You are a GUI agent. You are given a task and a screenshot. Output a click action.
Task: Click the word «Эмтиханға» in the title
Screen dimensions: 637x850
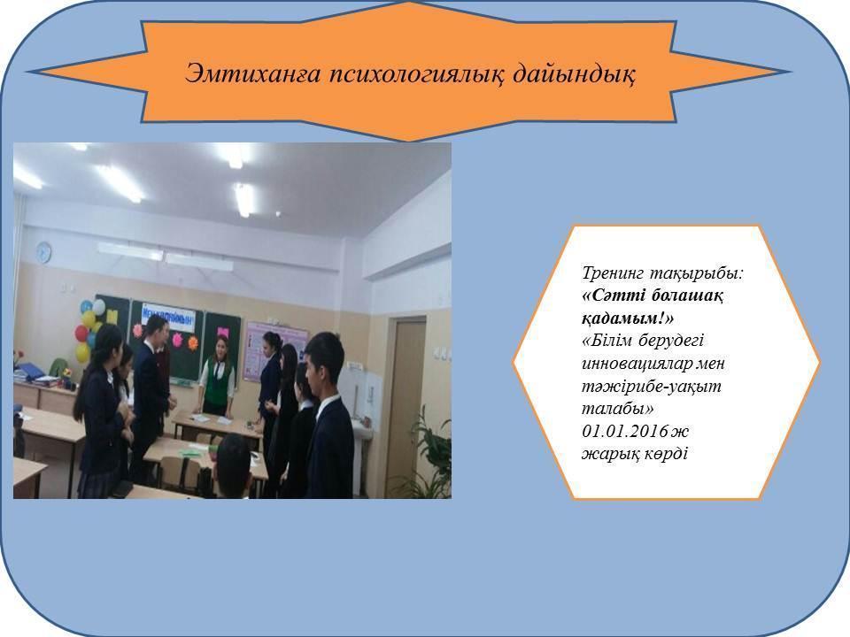point(235,73)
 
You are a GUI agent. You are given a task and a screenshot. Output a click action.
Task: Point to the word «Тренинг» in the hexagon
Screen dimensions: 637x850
point(616,273)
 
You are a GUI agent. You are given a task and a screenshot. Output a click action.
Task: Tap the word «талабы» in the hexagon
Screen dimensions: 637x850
point(610,411)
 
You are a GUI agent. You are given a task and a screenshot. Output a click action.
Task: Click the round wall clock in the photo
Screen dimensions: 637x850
point(43,254)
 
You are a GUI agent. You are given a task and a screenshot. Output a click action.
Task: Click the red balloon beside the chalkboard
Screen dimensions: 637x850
point(81,334)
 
